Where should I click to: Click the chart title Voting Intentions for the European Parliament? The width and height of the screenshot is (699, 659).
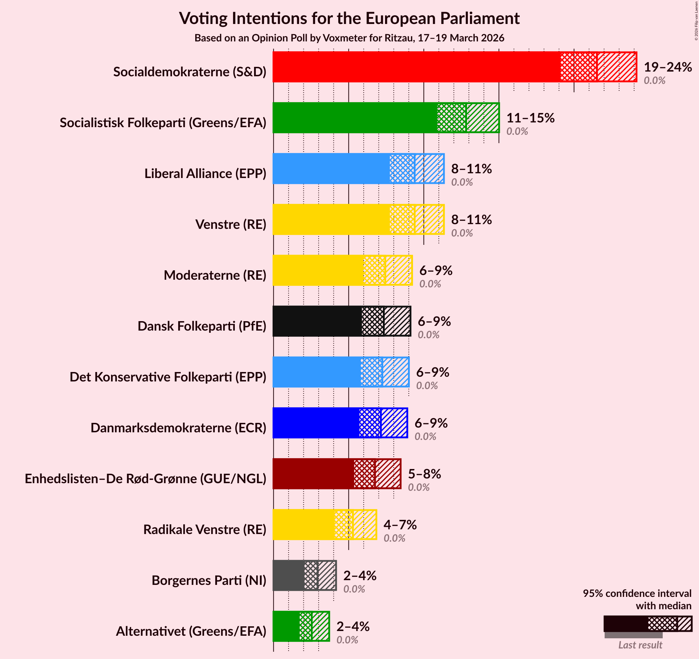349,18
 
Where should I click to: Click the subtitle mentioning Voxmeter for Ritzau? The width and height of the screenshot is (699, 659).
349,38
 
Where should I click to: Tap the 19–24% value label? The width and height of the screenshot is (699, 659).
667,67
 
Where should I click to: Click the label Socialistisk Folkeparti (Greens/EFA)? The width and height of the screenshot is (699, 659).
163,123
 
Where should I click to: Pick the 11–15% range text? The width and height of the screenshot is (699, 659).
530,118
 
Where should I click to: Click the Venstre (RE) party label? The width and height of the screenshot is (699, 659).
231,225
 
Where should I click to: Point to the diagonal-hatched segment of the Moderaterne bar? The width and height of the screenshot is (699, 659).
398,270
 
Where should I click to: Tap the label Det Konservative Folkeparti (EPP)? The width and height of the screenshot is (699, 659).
168,377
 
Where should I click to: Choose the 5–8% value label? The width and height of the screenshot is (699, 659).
424,474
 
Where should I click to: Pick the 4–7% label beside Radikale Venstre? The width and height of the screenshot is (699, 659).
400,525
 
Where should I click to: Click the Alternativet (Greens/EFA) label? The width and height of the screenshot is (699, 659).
191,631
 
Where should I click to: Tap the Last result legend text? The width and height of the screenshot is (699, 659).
640,645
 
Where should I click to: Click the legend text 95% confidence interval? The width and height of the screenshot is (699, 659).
637,593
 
